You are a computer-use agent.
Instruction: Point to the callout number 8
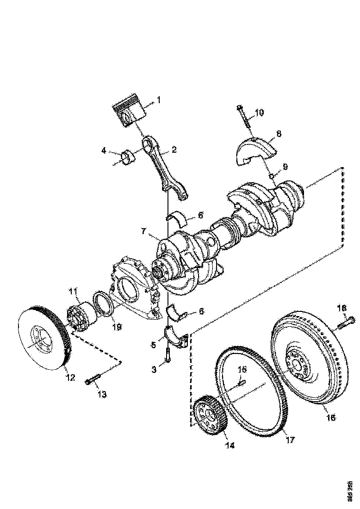pyautogui.click(x=278, y=134)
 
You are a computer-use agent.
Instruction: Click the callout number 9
pyautogui.click(x=285, y=166)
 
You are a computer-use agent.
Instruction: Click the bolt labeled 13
pyautogui.click(x=93, y=380)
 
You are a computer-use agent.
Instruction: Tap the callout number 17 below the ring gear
pyautogui.click(x=290, y=440)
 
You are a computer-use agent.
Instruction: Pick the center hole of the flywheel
pyautogui.click(x=295, y=364)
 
